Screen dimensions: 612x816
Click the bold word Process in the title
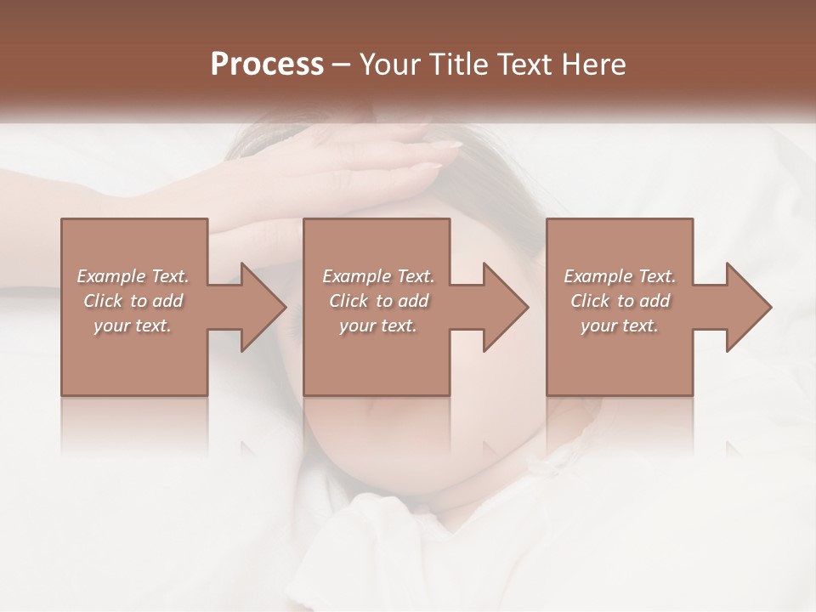267,65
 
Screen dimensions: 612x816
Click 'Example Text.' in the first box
133,276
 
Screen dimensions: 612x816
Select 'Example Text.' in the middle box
378,276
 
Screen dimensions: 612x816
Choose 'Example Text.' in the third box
620,276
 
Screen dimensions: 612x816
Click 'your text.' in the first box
133,326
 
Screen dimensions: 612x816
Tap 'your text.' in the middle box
378,326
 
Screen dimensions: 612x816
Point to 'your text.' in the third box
620,326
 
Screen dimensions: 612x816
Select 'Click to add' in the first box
133,301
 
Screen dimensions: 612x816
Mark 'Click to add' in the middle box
378,301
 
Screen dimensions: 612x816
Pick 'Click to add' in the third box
620,301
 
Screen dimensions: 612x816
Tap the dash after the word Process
342,65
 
